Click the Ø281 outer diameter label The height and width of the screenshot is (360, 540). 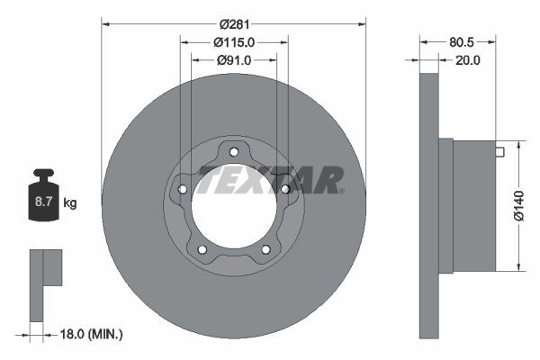tap(234, 11)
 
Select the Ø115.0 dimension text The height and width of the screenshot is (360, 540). tap(234, 41)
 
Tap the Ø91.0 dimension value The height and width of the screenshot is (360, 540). tap(234, 60)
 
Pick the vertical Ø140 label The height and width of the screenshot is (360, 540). tap(518, 205)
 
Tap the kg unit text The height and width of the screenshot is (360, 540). tap(70, 203)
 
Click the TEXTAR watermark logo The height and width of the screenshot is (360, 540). tap(270, 179)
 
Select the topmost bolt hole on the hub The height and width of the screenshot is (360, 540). tap(234, 151)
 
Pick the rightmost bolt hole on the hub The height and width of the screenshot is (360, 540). tap(285, 189)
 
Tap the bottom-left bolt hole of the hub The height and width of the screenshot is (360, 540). tap(202, 249)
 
